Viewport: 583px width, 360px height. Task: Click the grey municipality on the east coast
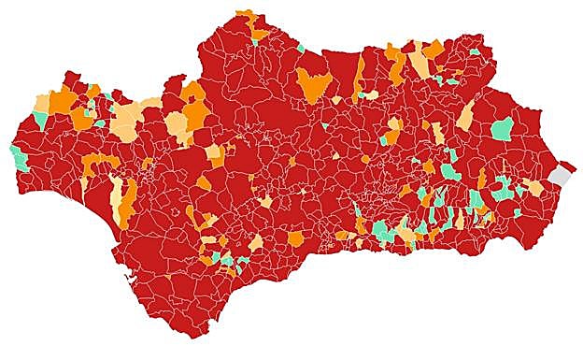click(560, 175)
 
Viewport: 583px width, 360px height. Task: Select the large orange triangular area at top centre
click(315, 85)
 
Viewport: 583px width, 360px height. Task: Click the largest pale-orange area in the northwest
click(127, 121)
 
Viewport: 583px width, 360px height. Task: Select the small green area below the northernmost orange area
click(256, 40)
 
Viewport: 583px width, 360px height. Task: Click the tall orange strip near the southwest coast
click(128, 197)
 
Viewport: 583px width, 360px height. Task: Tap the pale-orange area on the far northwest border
click(43, 101)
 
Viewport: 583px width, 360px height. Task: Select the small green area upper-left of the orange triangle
click(300, 48)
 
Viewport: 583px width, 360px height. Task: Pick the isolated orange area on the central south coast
click(295, 238)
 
